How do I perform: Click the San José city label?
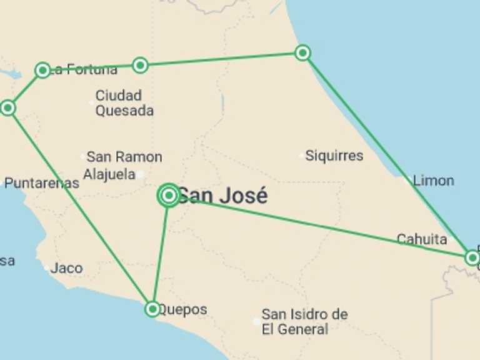coord(222,196)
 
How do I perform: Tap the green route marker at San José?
coord(169,196)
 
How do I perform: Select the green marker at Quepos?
coord(152,309)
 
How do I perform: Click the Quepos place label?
coord(182,309)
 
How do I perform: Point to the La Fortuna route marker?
coord(42,70)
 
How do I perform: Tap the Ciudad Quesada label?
coord(124,103)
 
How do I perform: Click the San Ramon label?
coord(124,157)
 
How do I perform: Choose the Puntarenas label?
coord(42,183)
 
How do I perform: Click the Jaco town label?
coord(66,268)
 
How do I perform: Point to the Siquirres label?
coord(334,156)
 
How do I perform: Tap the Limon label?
coord(433,181)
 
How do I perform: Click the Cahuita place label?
coord(422,239)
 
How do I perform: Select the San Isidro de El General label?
coord(304,321)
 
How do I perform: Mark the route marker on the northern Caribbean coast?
coord(302,52)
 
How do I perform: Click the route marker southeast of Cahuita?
coord(472,257)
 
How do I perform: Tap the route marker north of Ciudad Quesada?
coord(140,65)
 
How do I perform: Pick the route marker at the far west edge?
coord(7,108)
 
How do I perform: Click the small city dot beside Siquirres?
coord(302,155)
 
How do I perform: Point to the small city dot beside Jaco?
coord(46,268)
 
